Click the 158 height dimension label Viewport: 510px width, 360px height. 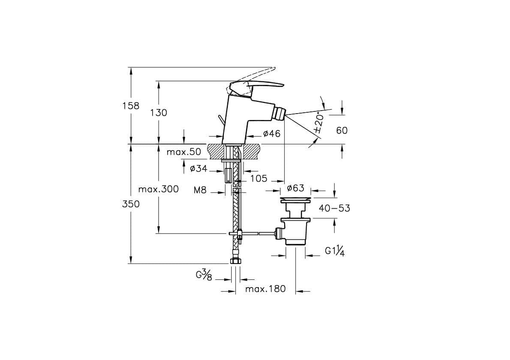coord(131,106)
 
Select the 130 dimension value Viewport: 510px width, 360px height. coord(159,113)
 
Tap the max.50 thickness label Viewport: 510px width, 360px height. coord(184,152)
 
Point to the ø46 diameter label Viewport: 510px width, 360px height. coord(272,133)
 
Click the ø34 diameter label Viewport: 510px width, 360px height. coord(199,168)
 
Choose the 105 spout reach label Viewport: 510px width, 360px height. coord(259,179)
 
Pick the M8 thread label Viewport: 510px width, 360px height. coord(201,190)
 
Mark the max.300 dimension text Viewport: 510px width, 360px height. coord(159,189)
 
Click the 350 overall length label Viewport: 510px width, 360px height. coord(131,204)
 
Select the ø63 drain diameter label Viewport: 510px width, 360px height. coord(296,188)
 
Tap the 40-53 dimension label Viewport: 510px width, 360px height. coord(334,208)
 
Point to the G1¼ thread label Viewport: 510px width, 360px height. coord(335,251)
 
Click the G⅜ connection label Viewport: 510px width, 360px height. coord(204,276)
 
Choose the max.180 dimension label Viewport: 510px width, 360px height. coord(265,289)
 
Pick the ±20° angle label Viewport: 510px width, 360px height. coord(319,124)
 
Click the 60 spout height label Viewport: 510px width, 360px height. coord(342,131)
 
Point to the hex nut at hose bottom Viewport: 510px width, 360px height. coord(234,261)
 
